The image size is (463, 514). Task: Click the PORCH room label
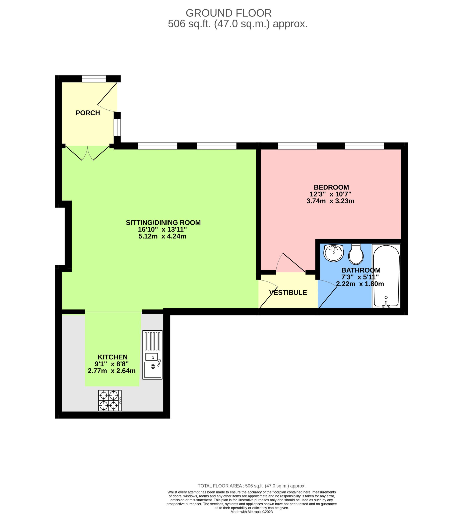click(x=88, y=113)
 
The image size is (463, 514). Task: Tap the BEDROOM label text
click(x=331, y=187)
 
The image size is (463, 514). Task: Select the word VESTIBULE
click(x=288, y=293)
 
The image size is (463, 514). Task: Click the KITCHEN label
click(x=113, y=357)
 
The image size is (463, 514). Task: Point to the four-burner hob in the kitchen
click(x=110, y=400)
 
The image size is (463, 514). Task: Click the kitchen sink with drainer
click(x=152, y=355)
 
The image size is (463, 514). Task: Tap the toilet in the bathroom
click(x=356, y=254)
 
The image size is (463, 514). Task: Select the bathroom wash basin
click(x=334, y=253)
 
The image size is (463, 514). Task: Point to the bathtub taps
click(x=386, y=304)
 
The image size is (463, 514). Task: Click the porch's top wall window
click(x=94, y=79)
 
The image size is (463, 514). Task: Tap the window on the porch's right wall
click(x=117, y=127)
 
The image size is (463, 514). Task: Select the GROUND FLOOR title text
click(x=228, y=13)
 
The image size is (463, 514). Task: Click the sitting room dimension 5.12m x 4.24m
click(x=162, y=236)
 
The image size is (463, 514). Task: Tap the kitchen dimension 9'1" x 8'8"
click(x=112, y=364)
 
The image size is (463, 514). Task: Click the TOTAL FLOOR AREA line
click(x=252, y=486)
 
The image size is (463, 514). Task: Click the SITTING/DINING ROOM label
click(x=163, y=222)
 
